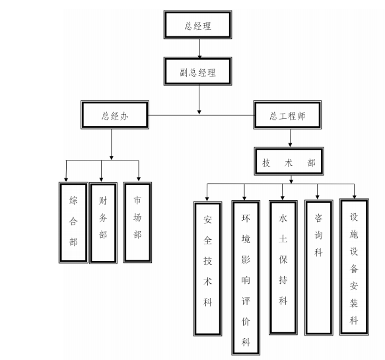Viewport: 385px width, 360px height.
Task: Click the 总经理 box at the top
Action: tap(197, 24)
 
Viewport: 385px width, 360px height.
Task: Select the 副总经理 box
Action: tap(197, 71)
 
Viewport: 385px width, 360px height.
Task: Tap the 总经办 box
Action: tap(115, 115)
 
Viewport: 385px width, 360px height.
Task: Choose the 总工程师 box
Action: tap(287, 115)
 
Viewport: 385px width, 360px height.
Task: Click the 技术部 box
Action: tap(289, 161)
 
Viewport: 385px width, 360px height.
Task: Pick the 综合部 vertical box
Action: tap(73, 223)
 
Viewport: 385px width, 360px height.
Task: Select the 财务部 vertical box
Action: tap(104, 223)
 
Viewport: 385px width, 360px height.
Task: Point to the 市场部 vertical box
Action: tap(137, 223)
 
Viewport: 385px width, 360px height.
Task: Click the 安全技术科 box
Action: tap(208, 269)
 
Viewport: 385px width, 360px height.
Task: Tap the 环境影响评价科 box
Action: tap(246, 277)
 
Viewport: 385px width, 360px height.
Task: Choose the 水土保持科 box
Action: tap(283, 268)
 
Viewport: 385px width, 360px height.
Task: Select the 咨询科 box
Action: tap(319, 268)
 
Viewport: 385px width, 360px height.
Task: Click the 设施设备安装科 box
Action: tap(354, 267)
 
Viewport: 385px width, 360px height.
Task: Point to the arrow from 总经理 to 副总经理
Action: tap(199, 48)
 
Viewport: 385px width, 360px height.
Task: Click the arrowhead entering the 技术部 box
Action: tap(290, 145)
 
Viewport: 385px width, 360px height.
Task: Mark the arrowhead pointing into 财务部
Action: tap(101, 180)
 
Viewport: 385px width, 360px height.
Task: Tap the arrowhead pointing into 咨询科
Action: tap(317, 197)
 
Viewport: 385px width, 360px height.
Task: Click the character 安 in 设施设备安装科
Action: tap(354, 286)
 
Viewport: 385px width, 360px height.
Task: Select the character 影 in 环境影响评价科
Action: tap(246, 259)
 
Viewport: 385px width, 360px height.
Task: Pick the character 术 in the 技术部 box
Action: tap(289, 162)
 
